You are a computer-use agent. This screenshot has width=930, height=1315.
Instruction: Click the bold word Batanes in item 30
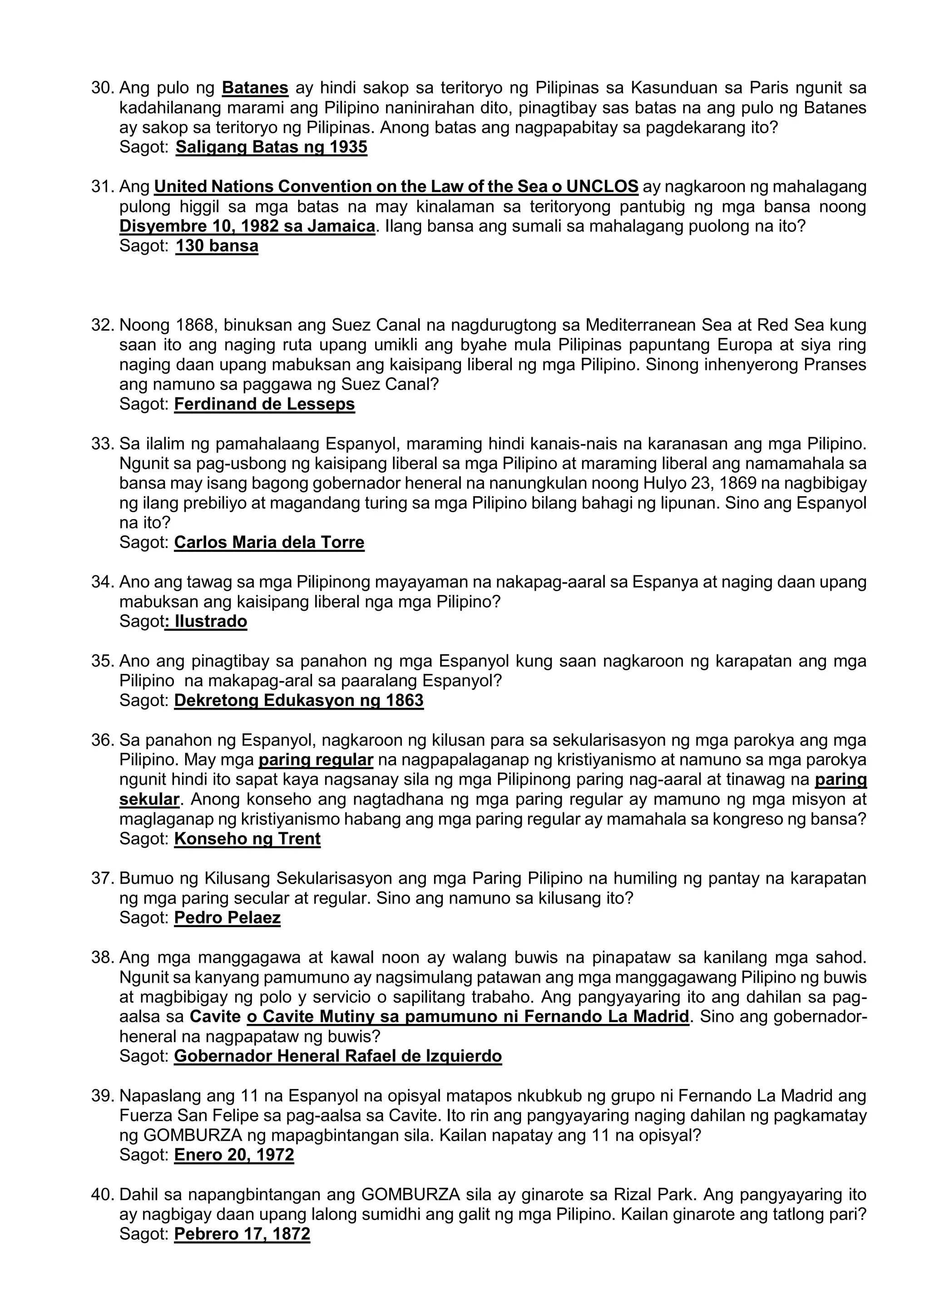tap(255, 88)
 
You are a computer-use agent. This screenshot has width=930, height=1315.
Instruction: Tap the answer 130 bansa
tap(217, 246)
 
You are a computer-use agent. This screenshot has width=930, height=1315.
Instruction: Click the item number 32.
tap(103, 325)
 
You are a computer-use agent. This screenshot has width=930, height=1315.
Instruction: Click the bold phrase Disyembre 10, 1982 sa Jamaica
tap(247, 226)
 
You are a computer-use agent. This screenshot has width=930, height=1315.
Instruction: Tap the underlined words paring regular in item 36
tap(316, 760)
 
